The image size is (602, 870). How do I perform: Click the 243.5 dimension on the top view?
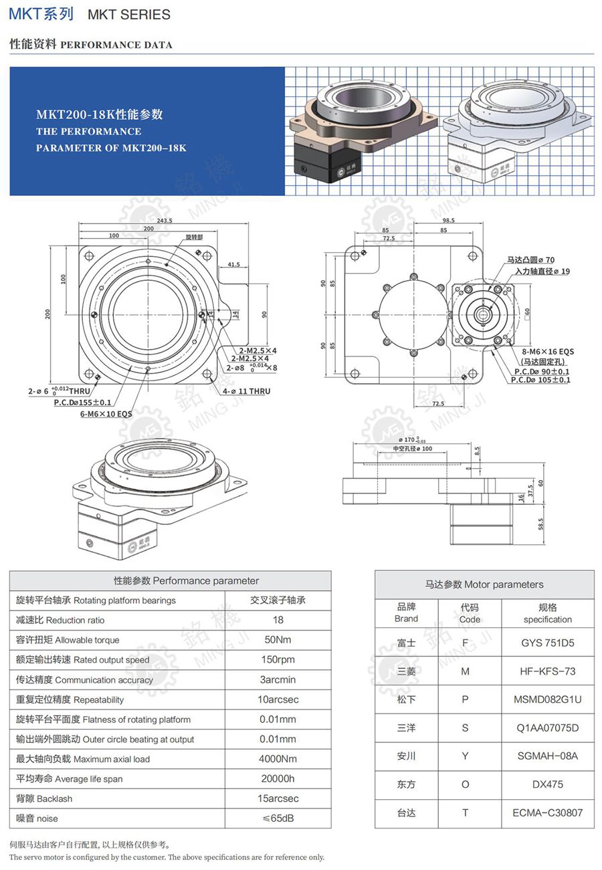165,220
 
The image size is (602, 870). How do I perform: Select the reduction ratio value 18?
278,620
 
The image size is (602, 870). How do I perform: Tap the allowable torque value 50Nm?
278,639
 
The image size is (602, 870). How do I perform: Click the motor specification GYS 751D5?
547,643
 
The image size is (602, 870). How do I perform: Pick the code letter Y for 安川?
465,756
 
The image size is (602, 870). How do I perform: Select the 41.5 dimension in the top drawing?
233,265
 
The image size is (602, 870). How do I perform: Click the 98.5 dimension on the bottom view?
447,220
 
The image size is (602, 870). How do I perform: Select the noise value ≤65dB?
278,818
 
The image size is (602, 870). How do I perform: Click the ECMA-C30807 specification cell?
547,812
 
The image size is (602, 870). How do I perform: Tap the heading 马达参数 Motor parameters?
484,584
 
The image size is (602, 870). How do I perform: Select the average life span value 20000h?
278,778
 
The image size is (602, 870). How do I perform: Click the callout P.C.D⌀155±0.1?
82,403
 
